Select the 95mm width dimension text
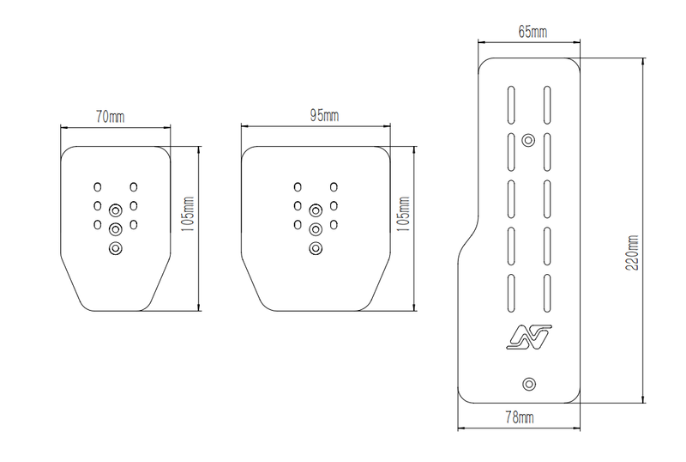click(x=323, y=116)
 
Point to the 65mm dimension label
click(x=533, y=33)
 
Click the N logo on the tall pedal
click(x=528, y=341)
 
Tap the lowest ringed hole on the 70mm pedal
click(x=116, y=248)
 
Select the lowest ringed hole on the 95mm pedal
click(x=315, y=248)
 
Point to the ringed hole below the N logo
click(x=529, y=382)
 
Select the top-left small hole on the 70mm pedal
click(x=98, y=186)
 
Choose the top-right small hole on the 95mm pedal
click(x=334, y=186)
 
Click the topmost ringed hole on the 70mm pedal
click(x=116, y=208)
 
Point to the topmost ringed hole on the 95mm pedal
click(x=315, y=208)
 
